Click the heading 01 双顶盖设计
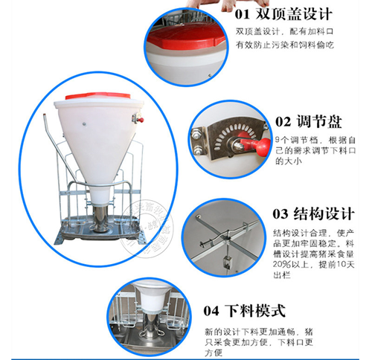[x=283, y=13]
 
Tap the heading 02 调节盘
[x=302, y=121]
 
